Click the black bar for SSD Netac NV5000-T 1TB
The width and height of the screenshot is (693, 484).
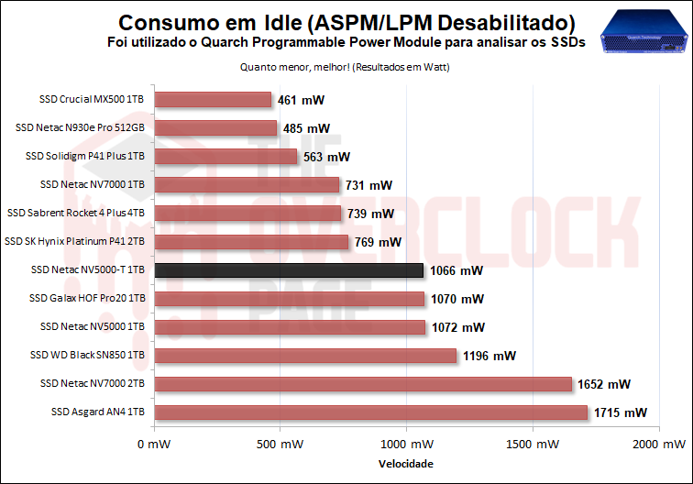[x=289, y=270]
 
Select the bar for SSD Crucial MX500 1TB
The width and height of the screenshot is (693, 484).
[x=213, y=100]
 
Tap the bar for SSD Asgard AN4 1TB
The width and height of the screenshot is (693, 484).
[x=370, y=412]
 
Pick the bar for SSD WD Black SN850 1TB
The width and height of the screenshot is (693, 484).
[x=305, y=356]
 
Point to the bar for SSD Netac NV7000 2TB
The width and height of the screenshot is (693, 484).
[x=363, y=384]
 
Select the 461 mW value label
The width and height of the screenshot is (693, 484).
[x=302, y=100]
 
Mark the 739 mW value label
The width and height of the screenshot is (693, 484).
[x=370, y=214]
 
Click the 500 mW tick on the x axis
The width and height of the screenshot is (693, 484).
[x=280, y=444]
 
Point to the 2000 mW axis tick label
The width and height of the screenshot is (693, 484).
[x=656, y=444]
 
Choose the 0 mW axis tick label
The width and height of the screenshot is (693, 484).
[x=154, y=444]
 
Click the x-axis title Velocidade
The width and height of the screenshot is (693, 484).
[x=406, y=464]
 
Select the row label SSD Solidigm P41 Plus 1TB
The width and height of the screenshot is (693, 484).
[x=86, y=157]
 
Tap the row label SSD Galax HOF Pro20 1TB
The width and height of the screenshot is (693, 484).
[x=88, y=299]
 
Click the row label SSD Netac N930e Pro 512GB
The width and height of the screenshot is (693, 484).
[x=81, y=128]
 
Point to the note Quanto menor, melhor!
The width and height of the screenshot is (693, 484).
[x=344, y=66]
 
